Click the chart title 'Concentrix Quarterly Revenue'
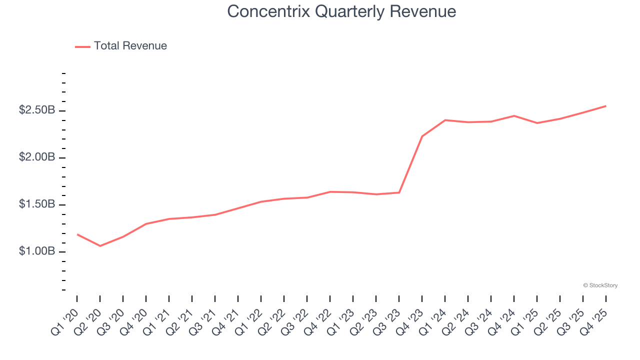(x=341, y=11)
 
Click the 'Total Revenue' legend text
(x=130, y=46)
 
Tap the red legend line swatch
(x=82, y=46)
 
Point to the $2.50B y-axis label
(x=36, y=110)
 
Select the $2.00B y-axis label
(x=36, y=157)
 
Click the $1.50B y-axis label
(x=36, y=204)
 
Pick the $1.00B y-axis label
(x=36, y=251)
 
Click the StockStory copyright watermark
(x=600, y=285)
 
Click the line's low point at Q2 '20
(x=100, y=246)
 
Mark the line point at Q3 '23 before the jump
(x=399, y=192)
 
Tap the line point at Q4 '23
(x=422, y=136)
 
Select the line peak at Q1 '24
(x=445, y=120)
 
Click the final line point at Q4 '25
(x=606, y=106)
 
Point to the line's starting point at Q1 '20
(x=77, y=234)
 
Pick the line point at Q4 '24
(x=514, y=115)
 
